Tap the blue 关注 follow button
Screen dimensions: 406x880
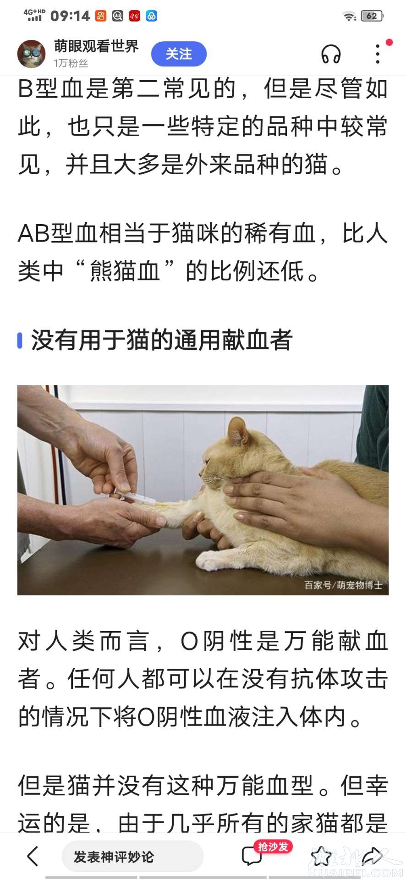click(x=179, y=54)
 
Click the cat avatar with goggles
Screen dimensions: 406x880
click(x=32, y=53)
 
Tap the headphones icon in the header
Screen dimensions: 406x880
click(x=330, y=54)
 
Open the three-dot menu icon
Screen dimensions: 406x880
click(x=378, y=54)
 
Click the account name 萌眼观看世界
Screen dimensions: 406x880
click(x=96, y=46)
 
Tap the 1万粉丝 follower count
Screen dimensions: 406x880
click(x=71, y=63)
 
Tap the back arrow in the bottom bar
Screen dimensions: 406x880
click(x=33, y=856)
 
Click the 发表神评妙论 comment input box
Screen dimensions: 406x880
click(x=132, y=856)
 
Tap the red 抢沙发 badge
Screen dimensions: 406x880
click(x=273, y=846)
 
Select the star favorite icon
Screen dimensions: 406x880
click(x=321, y=856)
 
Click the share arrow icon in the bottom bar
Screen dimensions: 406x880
click(x=372, y=856)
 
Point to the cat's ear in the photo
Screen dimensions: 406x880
click(x=238, y=430)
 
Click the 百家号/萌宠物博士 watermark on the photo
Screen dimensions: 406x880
click(x=343, y=585)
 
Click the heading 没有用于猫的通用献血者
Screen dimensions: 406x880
click(x=162, y=340)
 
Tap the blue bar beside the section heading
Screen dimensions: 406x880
click(x=20, y=340)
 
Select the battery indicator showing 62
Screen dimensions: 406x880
click(x=372, y=16)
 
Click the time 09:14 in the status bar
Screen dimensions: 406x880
click(x=70, y=16)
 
